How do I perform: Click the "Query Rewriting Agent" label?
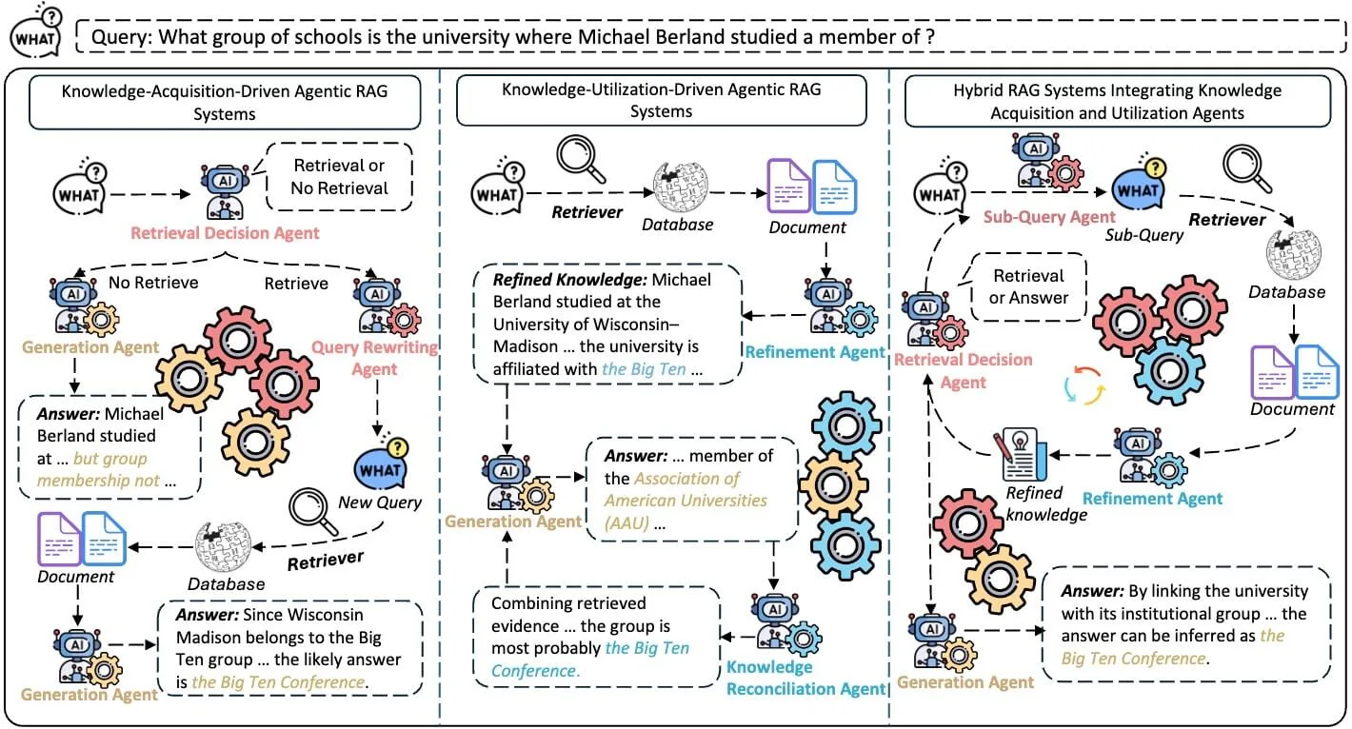tap(374, 358)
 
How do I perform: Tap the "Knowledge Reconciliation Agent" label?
tap(806, 678)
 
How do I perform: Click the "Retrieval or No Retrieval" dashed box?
tap(340, 176)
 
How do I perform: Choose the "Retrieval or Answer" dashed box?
tap(1028, 286)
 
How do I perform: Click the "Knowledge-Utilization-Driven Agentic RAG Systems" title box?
tap(662, 100)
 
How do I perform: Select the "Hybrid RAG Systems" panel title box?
tap(1117, 102)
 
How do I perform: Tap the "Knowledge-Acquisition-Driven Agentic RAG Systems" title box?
tap(225, 102)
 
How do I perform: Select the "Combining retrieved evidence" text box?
tap(595, 637)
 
